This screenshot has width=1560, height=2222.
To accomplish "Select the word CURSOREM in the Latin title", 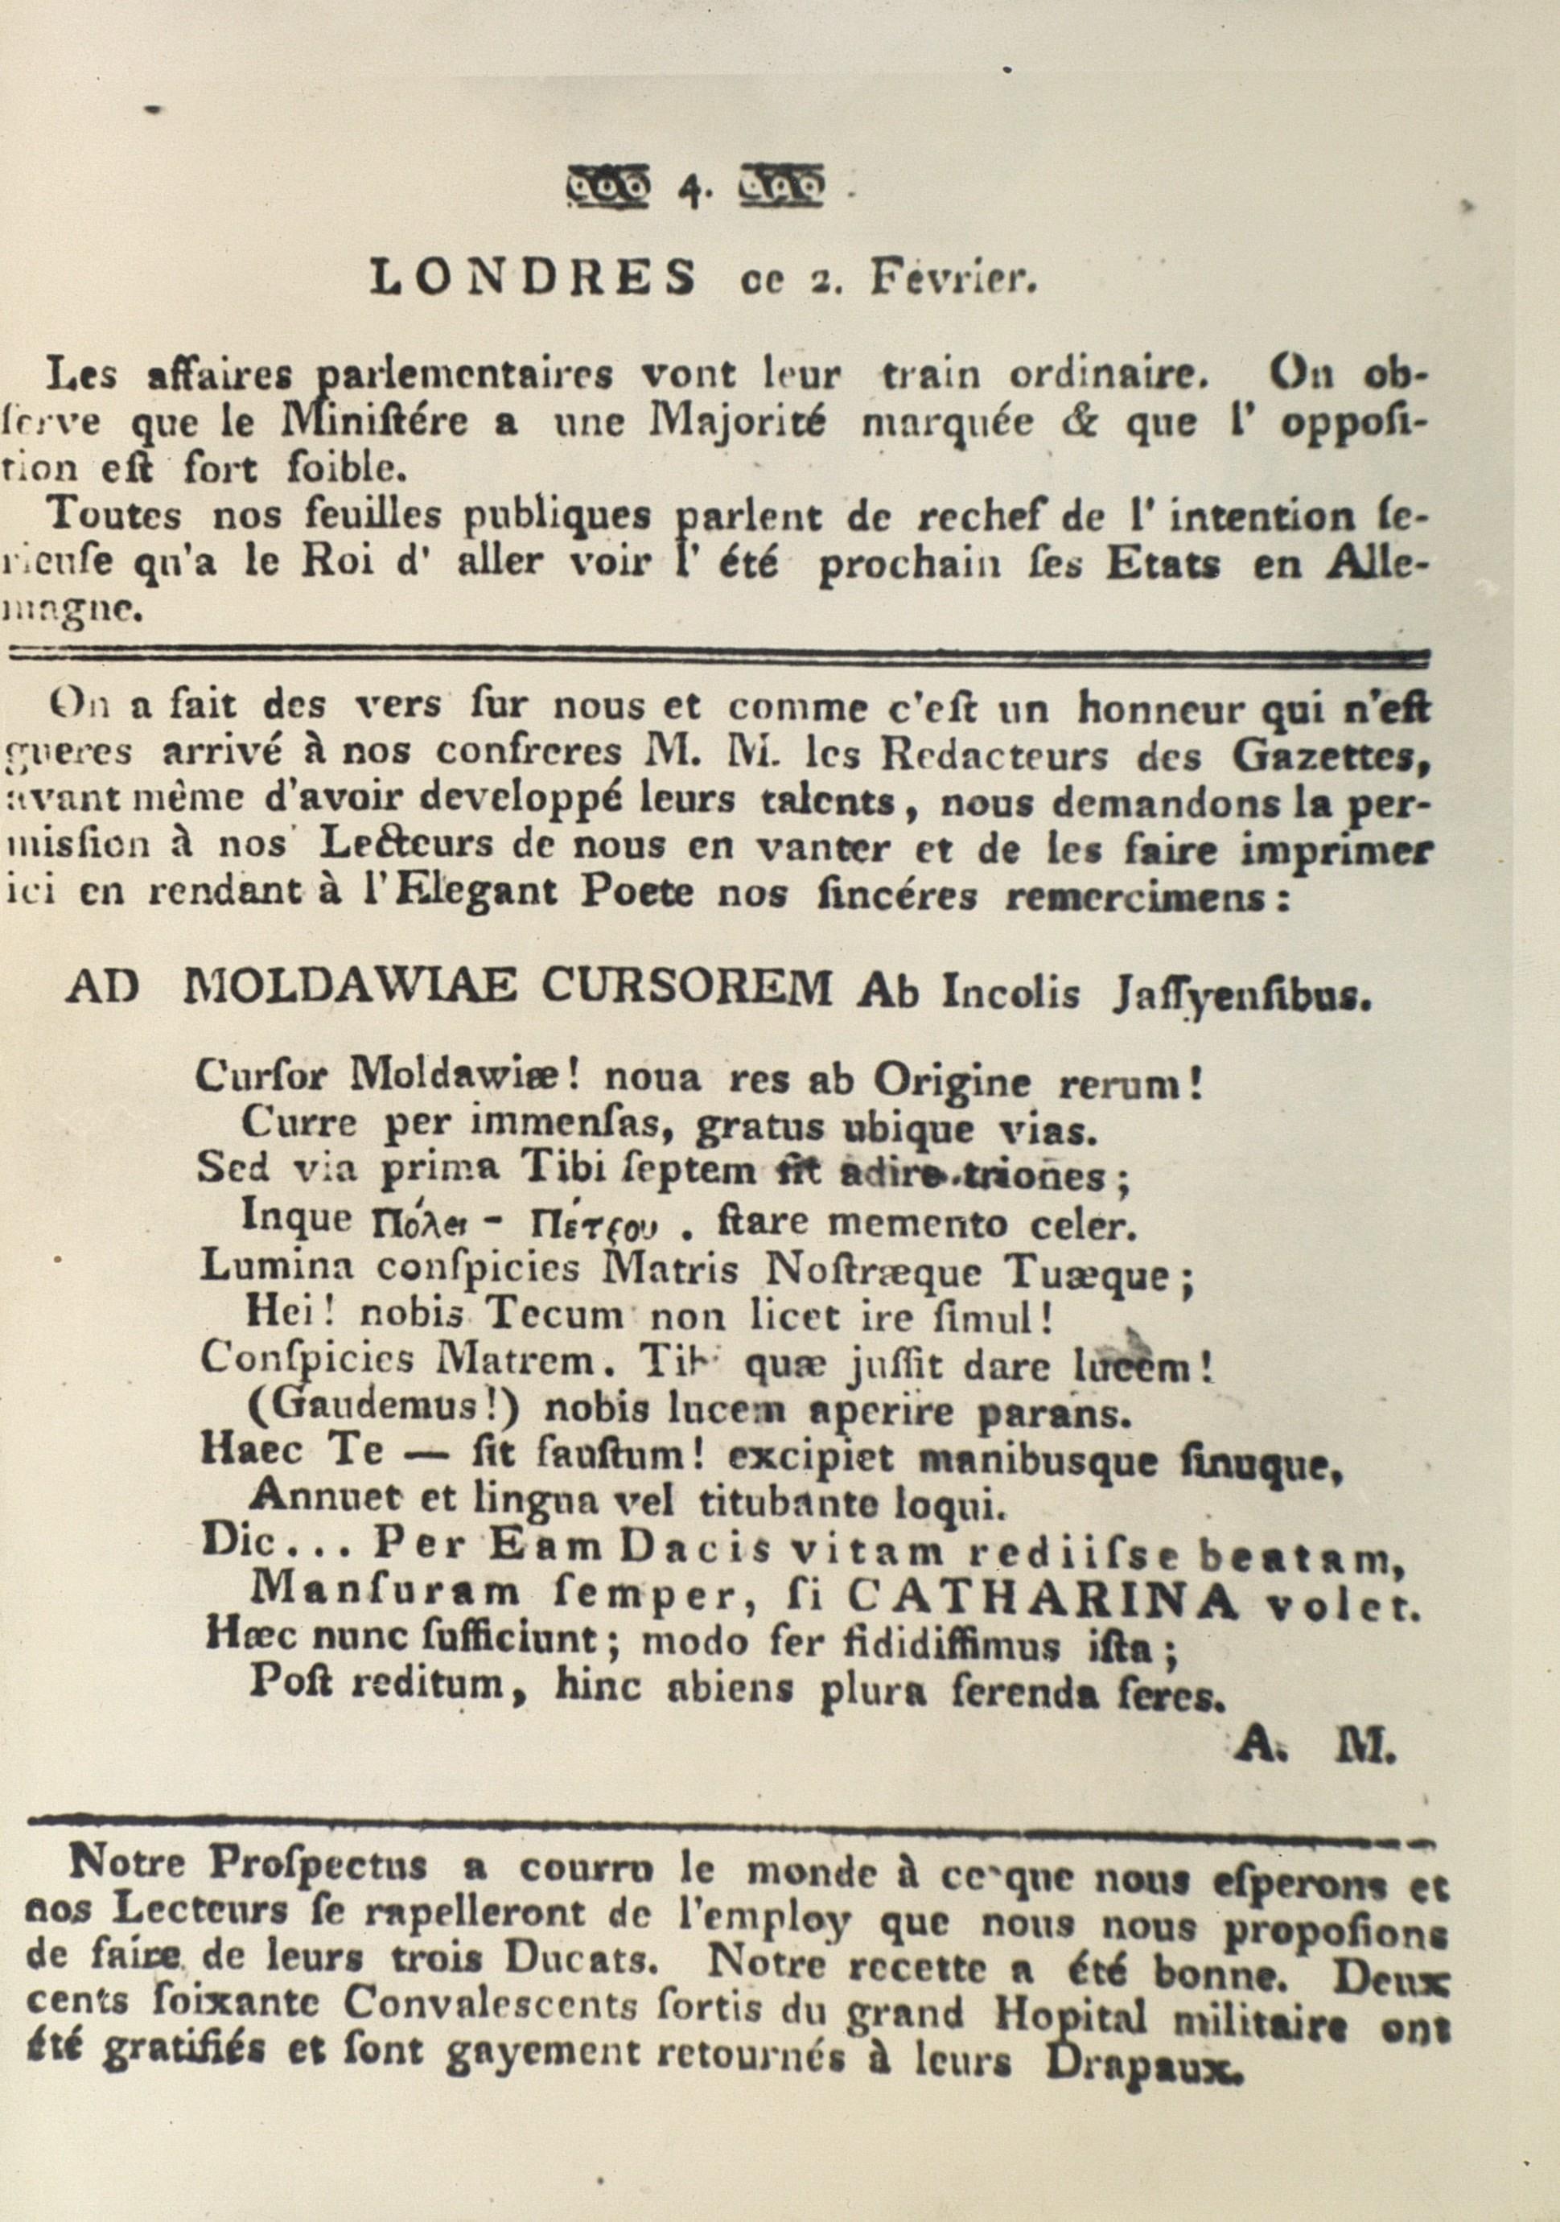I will coord(687,989).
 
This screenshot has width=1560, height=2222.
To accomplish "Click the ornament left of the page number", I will coord(607,186).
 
